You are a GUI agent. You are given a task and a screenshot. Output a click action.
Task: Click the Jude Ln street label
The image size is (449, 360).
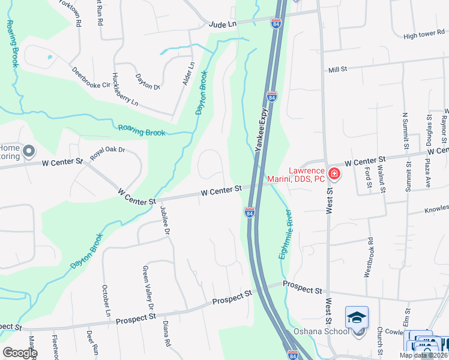(223, 24)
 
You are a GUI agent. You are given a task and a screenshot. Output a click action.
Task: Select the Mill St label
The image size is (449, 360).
(338, 70)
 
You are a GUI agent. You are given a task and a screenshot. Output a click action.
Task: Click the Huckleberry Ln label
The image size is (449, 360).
(124, 93)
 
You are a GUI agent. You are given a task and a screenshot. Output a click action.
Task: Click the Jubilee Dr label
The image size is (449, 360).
(165, 220)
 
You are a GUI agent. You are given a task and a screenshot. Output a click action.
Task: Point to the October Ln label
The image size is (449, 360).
(106, 301)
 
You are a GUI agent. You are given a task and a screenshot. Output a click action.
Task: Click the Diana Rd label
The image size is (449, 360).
(166, 334)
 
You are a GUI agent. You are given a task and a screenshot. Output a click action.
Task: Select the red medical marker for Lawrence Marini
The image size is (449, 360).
(334, 175)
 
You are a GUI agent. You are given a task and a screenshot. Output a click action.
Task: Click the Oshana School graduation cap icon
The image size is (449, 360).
(357, 316)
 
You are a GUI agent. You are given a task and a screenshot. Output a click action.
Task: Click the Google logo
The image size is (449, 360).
(20, 352)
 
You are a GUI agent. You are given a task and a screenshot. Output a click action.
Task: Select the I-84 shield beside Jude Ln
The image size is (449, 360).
(276, 23)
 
